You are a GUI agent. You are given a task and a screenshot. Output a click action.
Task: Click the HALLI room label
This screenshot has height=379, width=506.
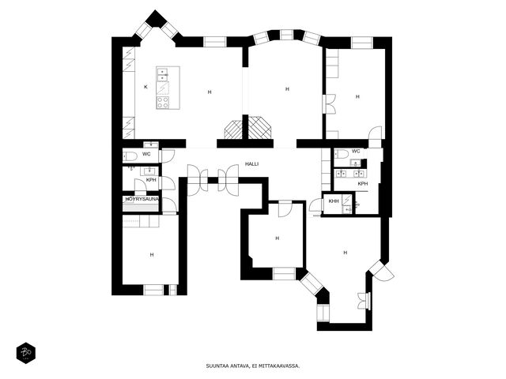click(251, 164)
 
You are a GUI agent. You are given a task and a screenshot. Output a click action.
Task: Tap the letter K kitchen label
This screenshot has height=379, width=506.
click(145, 87)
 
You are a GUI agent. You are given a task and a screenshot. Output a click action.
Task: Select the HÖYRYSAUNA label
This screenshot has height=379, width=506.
click(142, 199)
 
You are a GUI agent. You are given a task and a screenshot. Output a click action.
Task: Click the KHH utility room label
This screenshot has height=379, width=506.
click(334, 201)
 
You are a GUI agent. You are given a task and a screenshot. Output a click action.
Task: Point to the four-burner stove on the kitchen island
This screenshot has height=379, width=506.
click(163, 102)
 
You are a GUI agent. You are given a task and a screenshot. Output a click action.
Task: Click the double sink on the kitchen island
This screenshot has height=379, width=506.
click(162, 75)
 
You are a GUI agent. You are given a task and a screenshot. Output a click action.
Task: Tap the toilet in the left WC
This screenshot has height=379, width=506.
click(130, 156)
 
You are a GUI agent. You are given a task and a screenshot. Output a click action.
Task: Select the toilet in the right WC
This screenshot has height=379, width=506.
click(342, 154)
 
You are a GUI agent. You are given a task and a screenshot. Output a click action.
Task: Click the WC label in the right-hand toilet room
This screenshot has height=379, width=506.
click(356, 151)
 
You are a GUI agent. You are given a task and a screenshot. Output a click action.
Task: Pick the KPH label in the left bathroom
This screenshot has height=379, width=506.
click(151, 180)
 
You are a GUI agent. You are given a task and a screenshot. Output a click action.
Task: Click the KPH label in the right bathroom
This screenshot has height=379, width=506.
click(363, 184)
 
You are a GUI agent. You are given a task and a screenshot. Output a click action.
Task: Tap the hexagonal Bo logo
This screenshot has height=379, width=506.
click(26, 353)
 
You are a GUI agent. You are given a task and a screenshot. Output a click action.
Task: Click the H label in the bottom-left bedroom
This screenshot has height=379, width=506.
click(152, 254)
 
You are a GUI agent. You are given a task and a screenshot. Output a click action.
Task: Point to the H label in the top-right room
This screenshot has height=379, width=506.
click(357, 96)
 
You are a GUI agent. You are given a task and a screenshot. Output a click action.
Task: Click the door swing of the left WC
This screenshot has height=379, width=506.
click(168, 156)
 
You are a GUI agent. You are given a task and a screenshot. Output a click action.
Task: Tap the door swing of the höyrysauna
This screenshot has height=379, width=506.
click(169, 205)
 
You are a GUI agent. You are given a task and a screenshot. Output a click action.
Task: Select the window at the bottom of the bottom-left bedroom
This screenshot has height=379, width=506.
click(153, 290)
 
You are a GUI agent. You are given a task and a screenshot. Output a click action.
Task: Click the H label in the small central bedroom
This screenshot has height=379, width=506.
click(278, 238)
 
